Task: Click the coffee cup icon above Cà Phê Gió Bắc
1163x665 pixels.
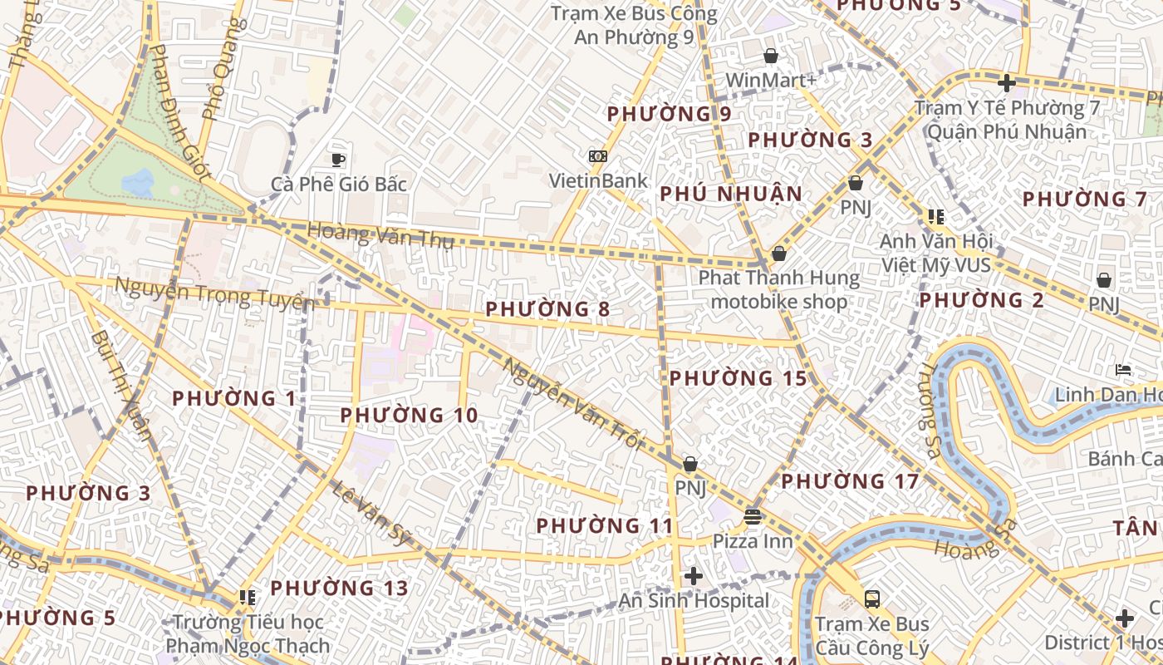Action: point(337,160)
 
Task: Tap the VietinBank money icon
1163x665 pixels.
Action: point(597,156)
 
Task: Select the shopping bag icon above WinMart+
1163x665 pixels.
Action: point(771,56)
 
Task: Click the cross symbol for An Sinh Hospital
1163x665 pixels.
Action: point(694,575)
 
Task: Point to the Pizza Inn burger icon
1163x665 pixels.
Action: point(753,517)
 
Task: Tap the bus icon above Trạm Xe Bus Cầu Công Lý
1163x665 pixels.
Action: point(872,598)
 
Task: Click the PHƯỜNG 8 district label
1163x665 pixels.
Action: point(547,309)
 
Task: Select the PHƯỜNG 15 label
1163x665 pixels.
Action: point(738,378)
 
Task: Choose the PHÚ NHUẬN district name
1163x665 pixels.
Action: point(731,195)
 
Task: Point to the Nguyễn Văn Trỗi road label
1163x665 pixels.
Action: point(573,404)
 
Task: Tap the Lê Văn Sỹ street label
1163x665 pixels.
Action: point(372,512)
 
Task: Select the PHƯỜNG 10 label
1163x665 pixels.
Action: point(409,415)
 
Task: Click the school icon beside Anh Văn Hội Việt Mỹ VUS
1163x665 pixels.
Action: point(936,217)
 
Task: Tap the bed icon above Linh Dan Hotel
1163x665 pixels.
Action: point(1123,369)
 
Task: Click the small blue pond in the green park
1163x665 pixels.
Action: point(138,181)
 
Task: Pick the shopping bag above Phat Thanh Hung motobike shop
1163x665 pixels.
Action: point(779,253)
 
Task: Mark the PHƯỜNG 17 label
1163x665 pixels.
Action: point(850,481)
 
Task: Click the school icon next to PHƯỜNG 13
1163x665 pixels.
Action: point(247,597)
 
